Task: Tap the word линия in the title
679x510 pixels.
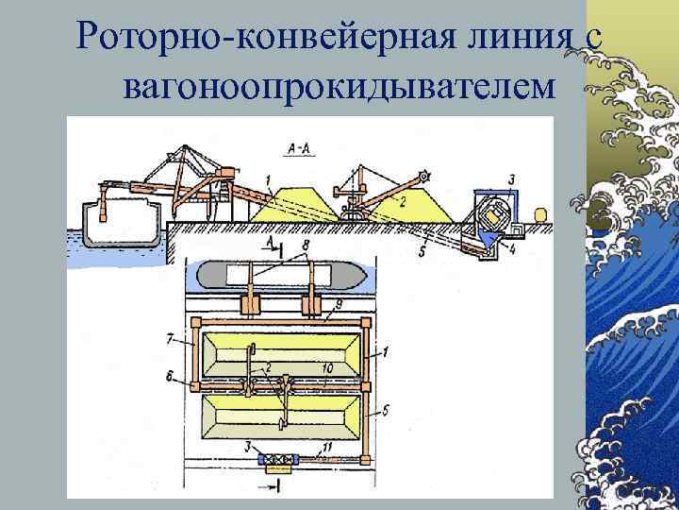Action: coord(515,38)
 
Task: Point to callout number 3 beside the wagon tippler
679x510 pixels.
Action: coord(511,178)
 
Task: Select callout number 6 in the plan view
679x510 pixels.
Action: coord(168,377)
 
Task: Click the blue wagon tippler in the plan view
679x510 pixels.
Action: coord(277,462)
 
